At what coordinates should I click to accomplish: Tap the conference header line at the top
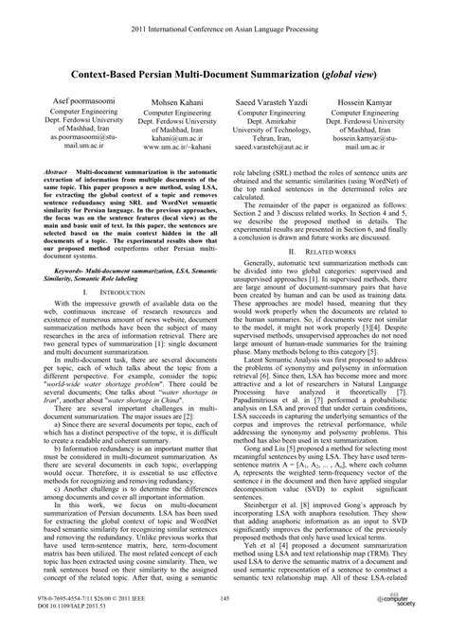click(x=224, y=15)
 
